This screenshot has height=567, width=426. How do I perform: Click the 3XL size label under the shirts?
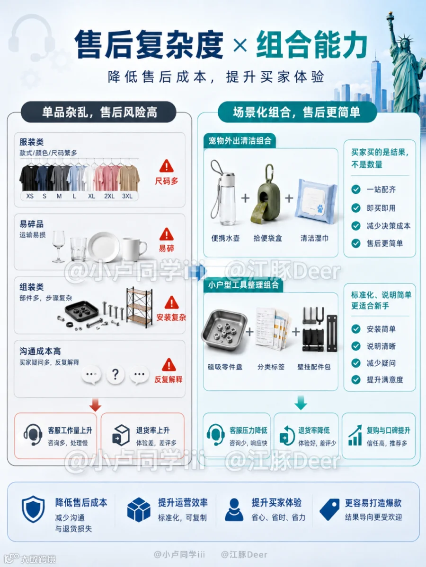[127, 196]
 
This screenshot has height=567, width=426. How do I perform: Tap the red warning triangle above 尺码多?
[166, 166]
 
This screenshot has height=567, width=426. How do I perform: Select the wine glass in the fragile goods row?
[58, 246]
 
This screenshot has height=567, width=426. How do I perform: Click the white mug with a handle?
[134, 249]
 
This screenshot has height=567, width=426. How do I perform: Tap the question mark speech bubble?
[115, 374]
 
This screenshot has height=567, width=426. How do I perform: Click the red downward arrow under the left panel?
[95, 404]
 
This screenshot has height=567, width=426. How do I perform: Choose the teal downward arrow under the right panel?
[301, 403]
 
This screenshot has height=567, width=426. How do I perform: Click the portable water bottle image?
[223, 192]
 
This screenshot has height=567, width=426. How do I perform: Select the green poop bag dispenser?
[266, 194]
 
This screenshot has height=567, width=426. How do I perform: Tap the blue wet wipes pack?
[316, 201]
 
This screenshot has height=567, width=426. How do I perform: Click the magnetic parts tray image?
[224, 331]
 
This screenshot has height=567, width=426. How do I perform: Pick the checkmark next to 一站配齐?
[356, 189]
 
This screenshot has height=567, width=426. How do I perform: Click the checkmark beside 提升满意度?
[356, 379]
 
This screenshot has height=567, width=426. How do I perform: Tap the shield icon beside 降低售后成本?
[33, 509]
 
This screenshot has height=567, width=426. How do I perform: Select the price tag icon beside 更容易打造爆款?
[329, 509]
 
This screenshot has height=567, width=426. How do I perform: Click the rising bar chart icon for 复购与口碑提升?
[355, 435]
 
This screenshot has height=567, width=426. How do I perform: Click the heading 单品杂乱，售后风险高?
[99, 112]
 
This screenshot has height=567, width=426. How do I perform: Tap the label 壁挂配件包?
[314, 367]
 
